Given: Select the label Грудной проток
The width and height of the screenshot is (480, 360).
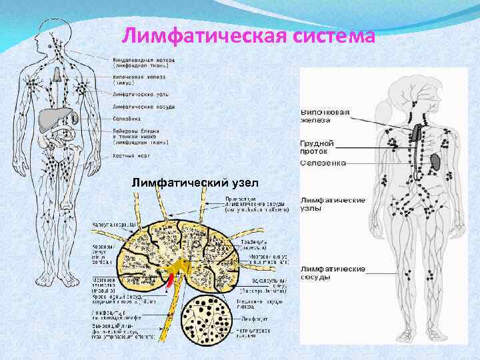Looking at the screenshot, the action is tap(317, 147).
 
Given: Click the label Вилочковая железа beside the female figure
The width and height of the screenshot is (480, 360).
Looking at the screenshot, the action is tap(325, 117).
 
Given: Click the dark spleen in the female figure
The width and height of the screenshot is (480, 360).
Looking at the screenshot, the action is tap(434, 162).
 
